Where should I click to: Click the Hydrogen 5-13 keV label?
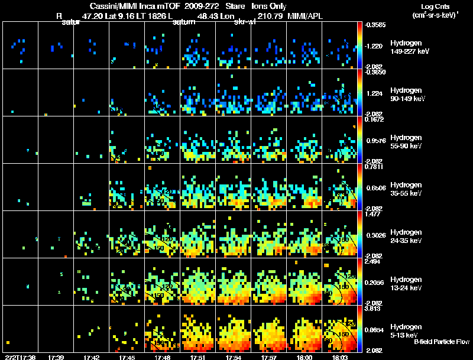tap(406, 330)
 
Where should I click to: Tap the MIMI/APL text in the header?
tap(305, 16)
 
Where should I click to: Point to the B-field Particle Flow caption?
tap(441, 342)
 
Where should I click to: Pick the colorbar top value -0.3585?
tap(374, 25)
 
